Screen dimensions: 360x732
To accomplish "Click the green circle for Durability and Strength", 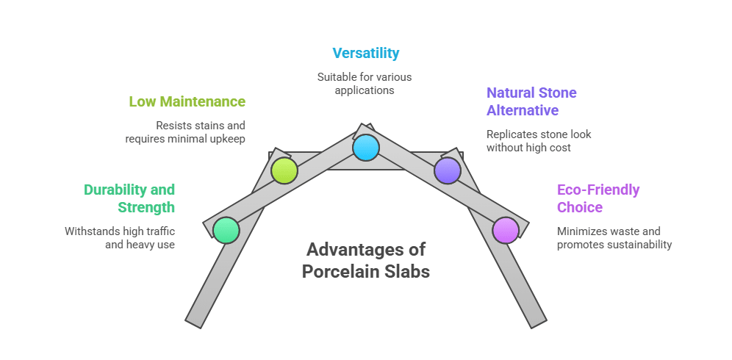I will point(226,230).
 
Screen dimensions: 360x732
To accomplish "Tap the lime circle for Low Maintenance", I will point(284,170).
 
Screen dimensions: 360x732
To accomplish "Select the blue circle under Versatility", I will point(365,148).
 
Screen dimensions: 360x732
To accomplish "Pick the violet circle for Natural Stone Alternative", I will point(447,170).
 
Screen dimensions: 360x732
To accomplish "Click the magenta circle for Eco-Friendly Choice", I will point(506,230).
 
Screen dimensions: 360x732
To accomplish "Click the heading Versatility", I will point(365,53).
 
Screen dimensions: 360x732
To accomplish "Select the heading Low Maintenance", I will point(187,101).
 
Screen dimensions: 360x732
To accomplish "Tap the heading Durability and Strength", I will point(129,198).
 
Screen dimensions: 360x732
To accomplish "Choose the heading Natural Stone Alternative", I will point(531,101).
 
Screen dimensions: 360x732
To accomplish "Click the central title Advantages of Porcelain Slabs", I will point(365,260).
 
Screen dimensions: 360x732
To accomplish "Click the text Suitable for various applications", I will point(365,84).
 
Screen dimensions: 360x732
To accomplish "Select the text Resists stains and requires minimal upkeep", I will point(185,132).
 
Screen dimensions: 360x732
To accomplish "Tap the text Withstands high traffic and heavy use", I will point(121,237).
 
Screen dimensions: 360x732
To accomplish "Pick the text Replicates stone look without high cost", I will point(539,141).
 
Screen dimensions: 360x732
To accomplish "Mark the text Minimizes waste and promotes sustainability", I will point(614,237).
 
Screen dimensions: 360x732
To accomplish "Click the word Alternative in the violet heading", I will point(523,110).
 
